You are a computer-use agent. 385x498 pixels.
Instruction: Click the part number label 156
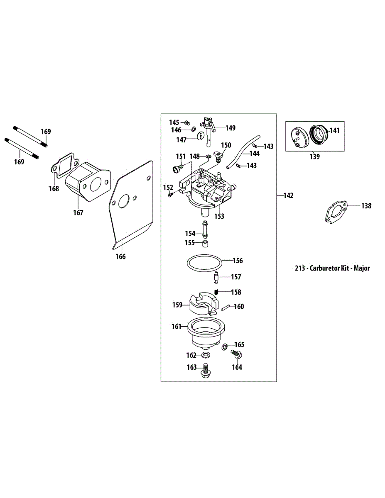(238, 261)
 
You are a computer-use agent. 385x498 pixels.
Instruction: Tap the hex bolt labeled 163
(205, 371)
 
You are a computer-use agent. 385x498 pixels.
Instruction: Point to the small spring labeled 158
(216, 292)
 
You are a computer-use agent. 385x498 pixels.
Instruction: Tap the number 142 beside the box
(288, 195)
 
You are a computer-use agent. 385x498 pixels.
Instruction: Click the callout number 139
(314, 157)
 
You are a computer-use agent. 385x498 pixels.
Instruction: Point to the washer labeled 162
(205, 355)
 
